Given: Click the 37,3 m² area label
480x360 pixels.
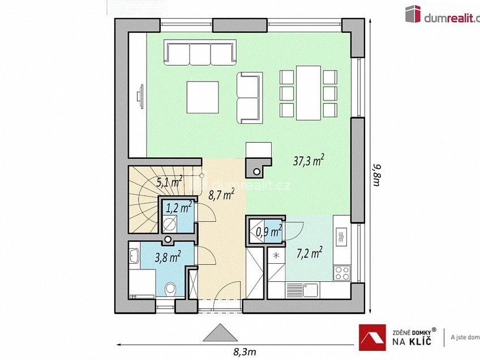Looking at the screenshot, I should coord(308,162).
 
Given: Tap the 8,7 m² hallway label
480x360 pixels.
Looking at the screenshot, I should coord(221,195).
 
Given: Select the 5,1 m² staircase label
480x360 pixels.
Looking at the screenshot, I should coord(169,182).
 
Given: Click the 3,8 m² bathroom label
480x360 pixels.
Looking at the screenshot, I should coord(168,258).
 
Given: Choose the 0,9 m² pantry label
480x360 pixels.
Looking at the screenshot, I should coord(269,231).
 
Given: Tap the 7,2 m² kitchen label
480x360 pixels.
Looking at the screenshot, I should coord(310,251).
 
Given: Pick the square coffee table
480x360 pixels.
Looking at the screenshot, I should coord(203,97).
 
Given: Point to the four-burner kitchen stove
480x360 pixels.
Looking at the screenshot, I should coord(342,273).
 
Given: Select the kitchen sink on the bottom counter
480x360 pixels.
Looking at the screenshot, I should coord(303,290).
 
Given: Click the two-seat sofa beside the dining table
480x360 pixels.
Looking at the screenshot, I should coord(250,97).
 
